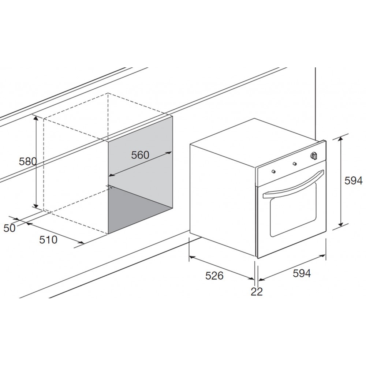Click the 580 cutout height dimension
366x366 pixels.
[x=28, y=161]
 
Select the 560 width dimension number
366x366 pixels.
[x=140, y=155]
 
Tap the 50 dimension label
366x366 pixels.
[x=10, y=228]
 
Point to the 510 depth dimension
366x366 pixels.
[x=48, y=240]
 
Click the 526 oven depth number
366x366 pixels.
[x=214, y=276]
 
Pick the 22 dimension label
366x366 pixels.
[x=257, y=292]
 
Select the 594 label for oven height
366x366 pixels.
[x=354, y=181]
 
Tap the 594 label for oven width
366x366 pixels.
[x=302, y=273]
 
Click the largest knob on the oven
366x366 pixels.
[x=314, y=156]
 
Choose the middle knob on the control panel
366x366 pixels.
[x=295, y=163]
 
